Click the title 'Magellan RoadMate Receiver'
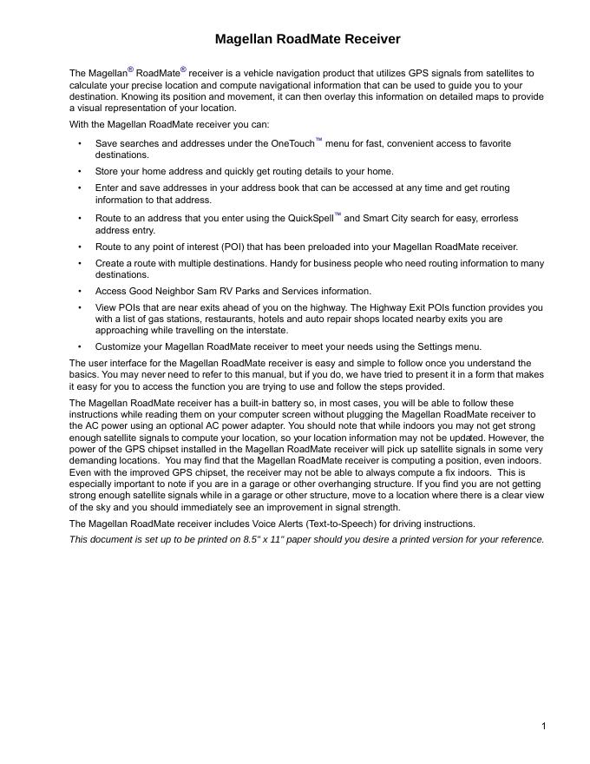307,39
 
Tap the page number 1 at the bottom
543,726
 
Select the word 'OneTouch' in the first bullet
292,143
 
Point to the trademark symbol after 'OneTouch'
318,140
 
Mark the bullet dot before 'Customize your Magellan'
80,346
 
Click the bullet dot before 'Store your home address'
80,171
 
